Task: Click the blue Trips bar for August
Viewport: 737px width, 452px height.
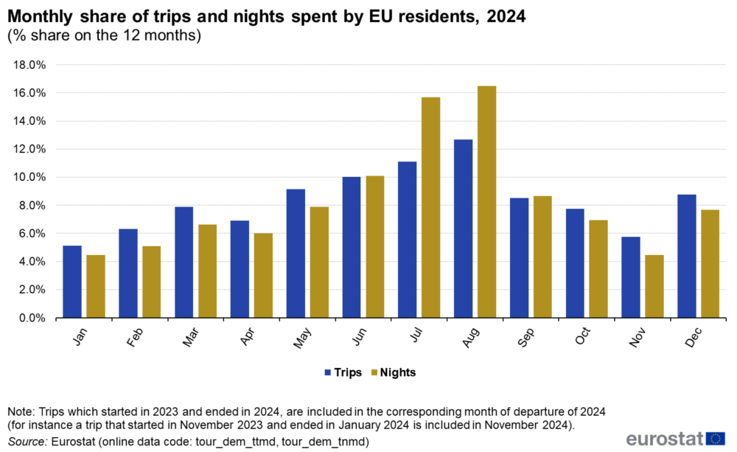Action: tap(464, 229)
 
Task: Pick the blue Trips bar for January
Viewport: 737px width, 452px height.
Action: tap(72, 282)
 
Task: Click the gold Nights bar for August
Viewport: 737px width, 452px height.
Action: tap(486, 202)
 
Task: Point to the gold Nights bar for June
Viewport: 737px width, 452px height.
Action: tap(374, 247)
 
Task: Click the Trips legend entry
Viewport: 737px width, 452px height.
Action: tap(342, 372)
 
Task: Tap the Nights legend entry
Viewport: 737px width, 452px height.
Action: tap(394, 372)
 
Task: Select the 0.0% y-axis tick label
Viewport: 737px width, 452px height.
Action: tap(33, 318)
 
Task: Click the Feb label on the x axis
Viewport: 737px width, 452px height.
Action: tap(134, 335)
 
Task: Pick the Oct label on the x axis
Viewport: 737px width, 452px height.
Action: tap(581, 335)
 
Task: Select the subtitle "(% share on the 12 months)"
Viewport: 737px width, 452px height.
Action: tap(104, 35)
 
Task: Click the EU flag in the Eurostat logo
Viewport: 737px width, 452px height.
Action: tap(715, 438)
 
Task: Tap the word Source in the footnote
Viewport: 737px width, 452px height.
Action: tap(27, 442)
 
